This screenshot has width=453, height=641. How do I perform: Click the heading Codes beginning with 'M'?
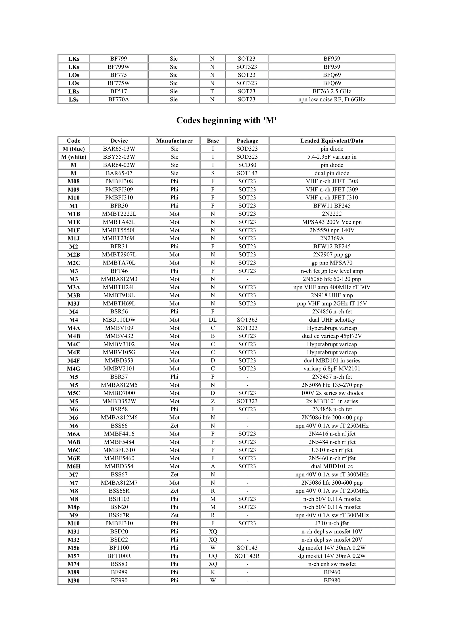[x=226, y=120]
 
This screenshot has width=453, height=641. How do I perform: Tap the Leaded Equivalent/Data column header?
[x=332, y=141]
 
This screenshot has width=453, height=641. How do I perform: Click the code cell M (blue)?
[x=74, y=149]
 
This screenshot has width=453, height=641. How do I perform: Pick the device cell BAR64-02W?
[x=119, y=165]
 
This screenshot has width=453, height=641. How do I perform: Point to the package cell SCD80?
[x=247, y=165]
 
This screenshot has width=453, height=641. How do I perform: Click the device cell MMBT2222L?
[x=119, y=214]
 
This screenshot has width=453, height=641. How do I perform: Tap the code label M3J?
[x=74, y=303]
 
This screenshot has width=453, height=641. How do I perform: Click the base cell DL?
[x=213, y=320]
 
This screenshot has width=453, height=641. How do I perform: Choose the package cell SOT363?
[x=247, y=320]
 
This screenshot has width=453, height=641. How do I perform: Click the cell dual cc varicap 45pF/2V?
[x=332, y=336]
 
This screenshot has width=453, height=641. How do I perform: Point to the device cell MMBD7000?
[x=119, y=393]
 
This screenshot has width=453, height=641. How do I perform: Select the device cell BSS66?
[x=119, y=426]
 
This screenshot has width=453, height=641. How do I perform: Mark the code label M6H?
[x=74, y=466]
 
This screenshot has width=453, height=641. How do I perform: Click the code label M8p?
[x=74, y=507]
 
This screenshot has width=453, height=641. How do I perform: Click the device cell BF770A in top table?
[x=119, y=99]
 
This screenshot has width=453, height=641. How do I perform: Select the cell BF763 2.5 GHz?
[x=332, y=91]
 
